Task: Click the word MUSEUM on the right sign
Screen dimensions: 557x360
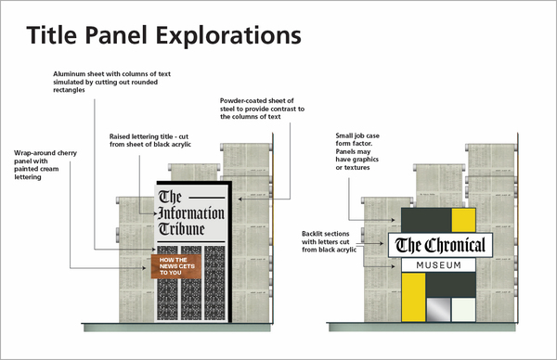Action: tap(439, 265)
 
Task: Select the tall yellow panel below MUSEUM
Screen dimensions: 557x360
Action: tap(412, 298)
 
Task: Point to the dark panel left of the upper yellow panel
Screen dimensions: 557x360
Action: tap(425, 219)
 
